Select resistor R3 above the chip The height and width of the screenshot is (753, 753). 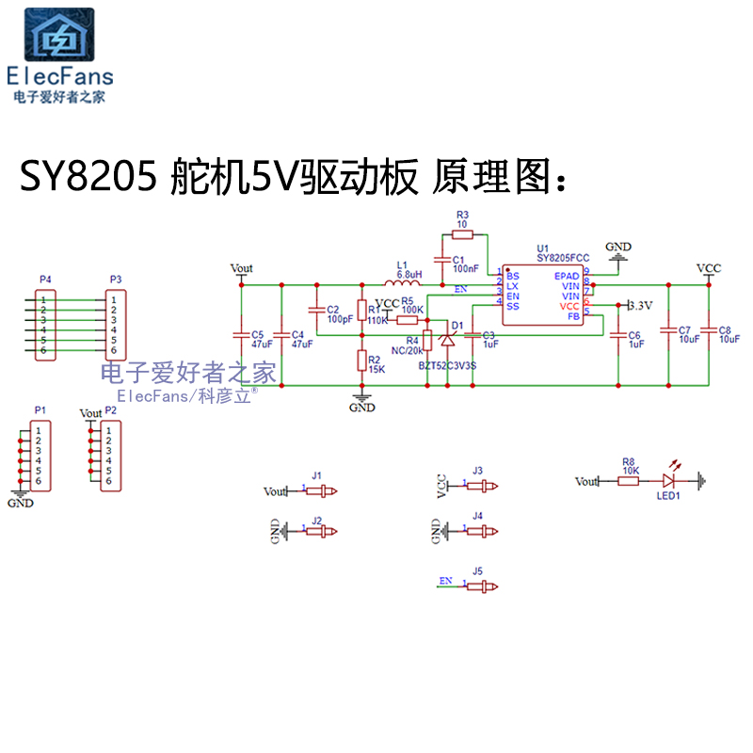[x=461, y=234]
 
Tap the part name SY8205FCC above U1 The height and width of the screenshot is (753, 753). [x=563, y=256]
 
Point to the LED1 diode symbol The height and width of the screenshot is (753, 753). [x=674, y=481]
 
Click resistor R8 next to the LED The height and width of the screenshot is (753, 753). [x=628, y=481]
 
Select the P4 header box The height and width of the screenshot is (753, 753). [x=42, y=325]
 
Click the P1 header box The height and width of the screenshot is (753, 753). [x=38, y=456]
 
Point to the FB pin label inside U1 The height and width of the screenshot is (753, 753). [x=572, y=316]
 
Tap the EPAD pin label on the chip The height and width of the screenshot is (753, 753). [x=567, y=275]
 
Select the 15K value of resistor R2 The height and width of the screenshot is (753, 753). [x=376, y=369]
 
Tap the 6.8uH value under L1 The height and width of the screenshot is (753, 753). [x=409, y=274]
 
